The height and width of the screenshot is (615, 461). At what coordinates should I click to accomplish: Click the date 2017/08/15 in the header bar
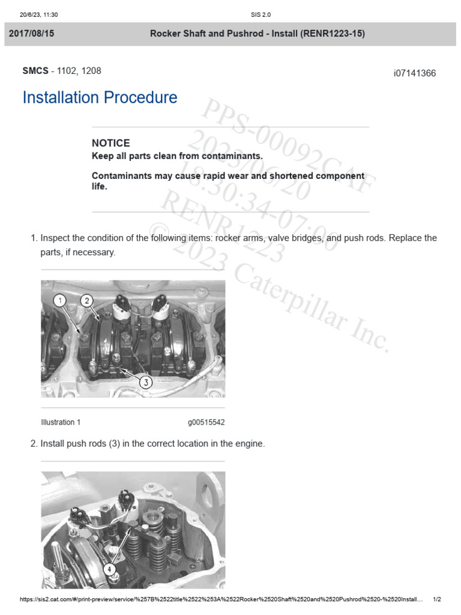31,34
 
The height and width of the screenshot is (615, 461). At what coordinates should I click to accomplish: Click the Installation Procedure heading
100,98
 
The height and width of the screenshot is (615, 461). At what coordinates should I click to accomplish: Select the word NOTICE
110,143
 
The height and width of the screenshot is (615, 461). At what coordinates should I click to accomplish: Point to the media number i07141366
415,73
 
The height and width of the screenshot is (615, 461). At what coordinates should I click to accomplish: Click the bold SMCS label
35,71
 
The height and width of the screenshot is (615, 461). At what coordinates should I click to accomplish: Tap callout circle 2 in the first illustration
86,300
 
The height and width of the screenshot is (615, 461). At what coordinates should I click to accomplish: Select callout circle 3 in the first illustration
146,382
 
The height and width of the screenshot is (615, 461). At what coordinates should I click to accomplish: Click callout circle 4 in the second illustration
109,569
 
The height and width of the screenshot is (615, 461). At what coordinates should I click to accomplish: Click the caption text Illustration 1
61,422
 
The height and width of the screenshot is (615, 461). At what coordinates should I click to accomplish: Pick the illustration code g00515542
206,422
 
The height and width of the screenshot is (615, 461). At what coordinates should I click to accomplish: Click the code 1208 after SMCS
91,71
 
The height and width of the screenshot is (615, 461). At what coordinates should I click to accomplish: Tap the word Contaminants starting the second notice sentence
119,176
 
